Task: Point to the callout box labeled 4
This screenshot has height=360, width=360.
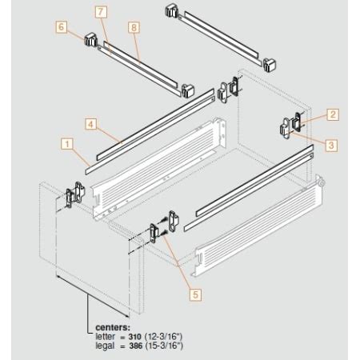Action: [92, 125]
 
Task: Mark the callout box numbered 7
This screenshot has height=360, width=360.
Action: [100, 13]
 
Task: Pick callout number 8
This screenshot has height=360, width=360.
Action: [133, 27]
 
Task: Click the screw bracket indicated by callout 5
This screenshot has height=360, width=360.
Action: [163, 226]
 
